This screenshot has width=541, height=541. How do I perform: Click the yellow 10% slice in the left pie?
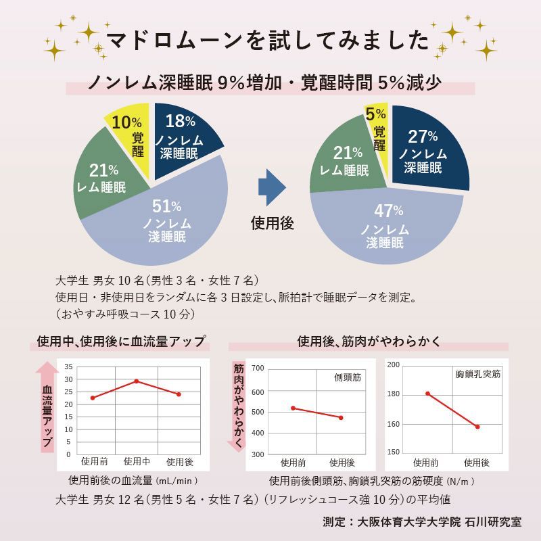pos(128,135)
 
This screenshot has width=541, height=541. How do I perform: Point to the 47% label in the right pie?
pos(388,210)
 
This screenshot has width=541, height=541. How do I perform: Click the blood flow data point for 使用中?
pos(137,381)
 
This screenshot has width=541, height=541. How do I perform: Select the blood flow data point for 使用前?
pos(93,398)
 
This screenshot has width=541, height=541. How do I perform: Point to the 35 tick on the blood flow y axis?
pos(67,367)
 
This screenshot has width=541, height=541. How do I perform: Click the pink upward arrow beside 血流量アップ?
pos(47,406)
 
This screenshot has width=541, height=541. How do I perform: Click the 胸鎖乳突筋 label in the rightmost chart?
pos(477,373)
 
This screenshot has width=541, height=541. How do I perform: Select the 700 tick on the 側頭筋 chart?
pos(257,369)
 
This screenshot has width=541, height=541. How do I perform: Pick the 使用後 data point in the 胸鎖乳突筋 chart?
pos(477,427)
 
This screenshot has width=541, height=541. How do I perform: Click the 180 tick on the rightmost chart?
pos(393,394)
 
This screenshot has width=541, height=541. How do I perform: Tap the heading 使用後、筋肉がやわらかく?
pos(369,342)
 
